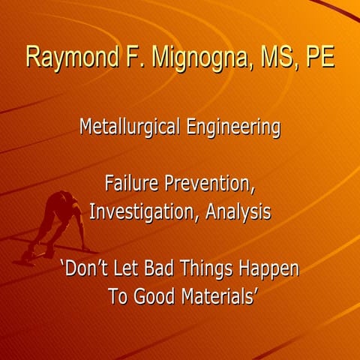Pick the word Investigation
click(145, 211)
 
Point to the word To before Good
click(118, 295)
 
